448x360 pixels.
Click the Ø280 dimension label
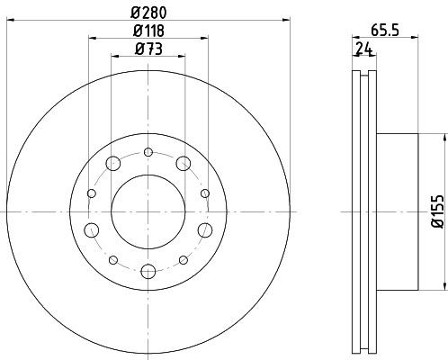[149, 11]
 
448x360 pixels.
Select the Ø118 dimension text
[149, 31]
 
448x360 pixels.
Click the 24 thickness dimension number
[363, 49]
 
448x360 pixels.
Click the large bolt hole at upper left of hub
[114, 164]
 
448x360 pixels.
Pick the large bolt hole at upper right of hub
[184, 164]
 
